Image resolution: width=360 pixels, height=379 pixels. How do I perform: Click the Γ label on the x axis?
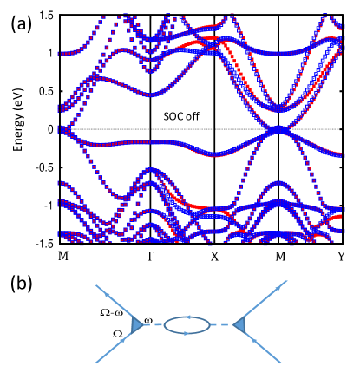pyautogui.click(x=151, y=258)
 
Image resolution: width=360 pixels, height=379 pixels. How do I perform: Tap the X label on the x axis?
pyautogui.click(x=214, y=258)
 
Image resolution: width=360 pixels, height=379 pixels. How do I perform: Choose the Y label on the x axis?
pyautogui.click(x=343, y=258)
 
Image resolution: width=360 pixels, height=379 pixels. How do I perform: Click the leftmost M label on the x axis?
pyautogui.click(x=62, y=258)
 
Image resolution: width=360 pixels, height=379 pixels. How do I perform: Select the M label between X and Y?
pyautogui.click(x=278, y=258)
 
